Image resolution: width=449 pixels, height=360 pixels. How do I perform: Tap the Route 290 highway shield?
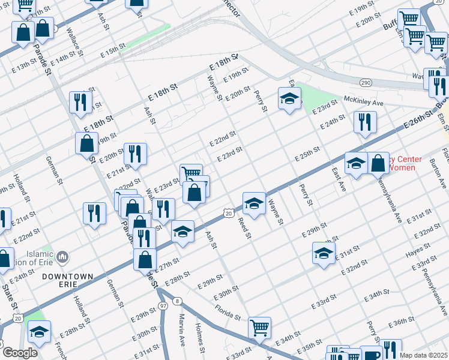click(x=365, y=82)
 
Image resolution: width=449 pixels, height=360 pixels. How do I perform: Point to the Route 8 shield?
click(x=176, y=301)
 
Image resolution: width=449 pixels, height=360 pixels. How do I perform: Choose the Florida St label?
click(x=229, y=312)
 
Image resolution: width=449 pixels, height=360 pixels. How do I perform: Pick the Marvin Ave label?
click(x=181, y=329)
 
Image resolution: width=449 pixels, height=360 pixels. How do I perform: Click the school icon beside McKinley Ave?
click(x=289, y=98)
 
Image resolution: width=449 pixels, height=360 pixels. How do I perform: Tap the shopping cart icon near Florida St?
click(x=259, y=328)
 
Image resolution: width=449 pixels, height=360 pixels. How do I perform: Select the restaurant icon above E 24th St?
click(x=364, y=122)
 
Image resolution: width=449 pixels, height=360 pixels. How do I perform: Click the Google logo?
click(x=19, y=353)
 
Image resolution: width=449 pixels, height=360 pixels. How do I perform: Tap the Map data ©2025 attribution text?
click(x=423, y=355)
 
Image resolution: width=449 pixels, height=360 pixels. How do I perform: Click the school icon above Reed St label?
click(x=254, y=203)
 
